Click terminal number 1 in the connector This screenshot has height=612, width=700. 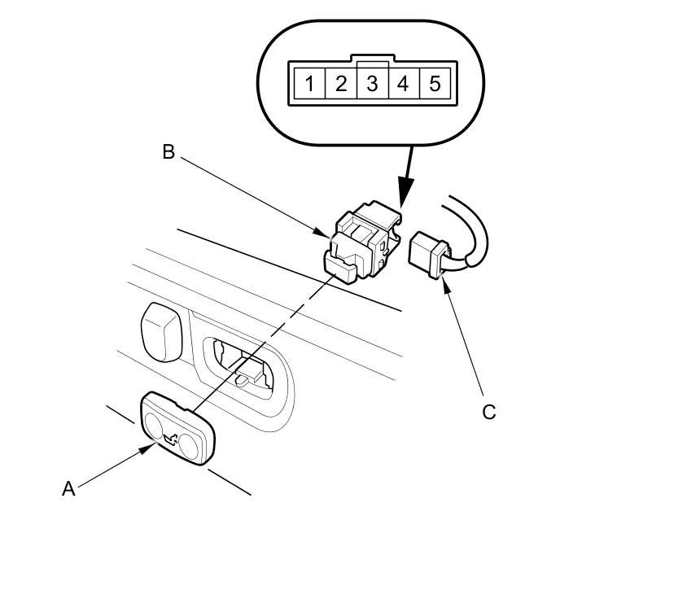[x=309, y=84]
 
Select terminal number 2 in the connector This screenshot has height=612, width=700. [x=341, y=84]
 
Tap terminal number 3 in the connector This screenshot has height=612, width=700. [x=372, y=84]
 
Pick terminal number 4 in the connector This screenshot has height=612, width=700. [x=403, y=84]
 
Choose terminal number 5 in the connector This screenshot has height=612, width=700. [x=435, y=84]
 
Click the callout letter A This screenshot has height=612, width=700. [x=68, y=489]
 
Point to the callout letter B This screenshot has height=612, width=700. [x=168, y=152]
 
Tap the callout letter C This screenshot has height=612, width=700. [x=489, y=412]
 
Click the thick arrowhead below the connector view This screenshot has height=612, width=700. [x=405, y=191]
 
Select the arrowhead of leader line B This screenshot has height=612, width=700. [x=323, y=233]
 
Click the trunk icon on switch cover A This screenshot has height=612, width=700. [x=171, y=439]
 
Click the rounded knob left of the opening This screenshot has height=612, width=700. [x=161, y=332]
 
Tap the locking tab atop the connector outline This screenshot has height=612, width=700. [x=374, y=58]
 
